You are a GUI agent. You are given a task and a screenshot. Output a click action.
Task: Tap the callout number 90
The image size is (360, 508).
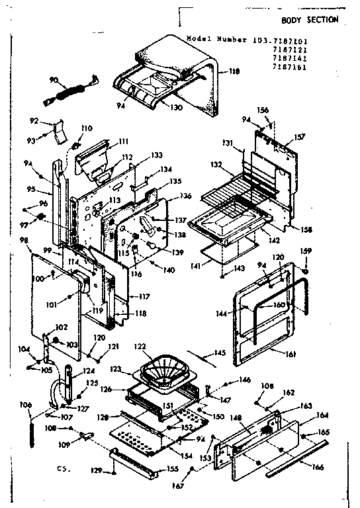(x=55, y=80)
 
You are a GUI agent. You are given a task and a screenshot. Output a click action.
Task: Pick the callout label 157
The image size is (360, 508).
(x=300, y=137)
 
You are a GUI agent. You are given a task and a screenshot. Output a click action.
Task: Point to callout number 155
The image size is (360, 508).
(x=172, y=469)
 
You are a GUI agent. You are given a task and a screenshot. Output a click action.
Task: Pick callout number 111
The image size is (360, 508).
(x=123, y=141)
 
